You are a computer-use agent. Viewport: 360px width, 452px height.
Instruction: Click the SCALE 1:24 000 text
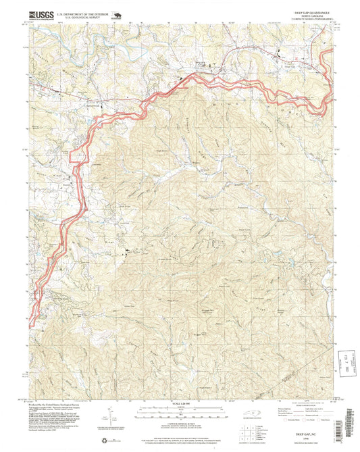click(x=181, y=405)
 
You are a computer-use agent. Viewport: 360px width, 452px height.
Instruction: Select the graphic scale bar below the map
click(x=181, y=411)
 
